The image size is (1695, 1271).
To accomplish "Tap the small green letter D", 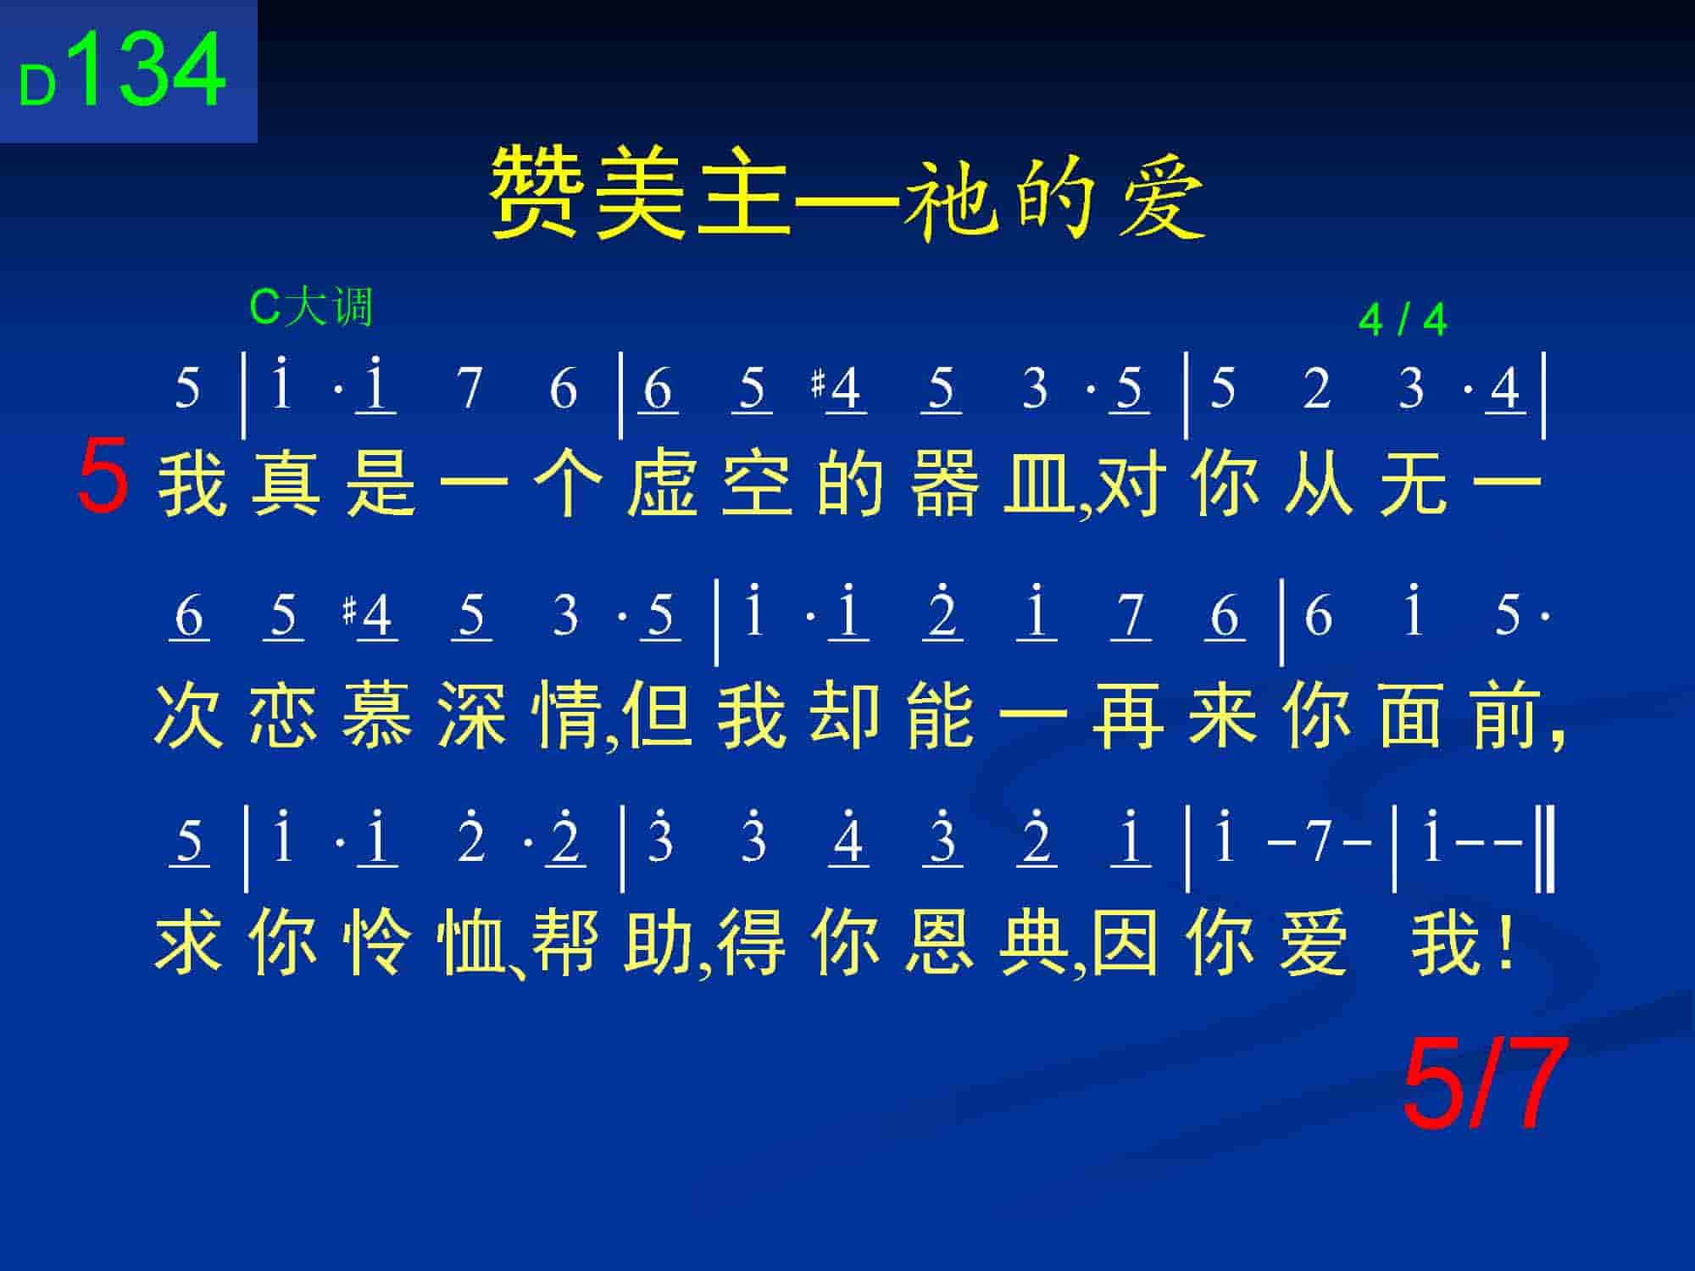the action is (38, 86).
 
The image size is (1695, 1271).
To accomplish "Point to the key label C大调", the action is (311, 307).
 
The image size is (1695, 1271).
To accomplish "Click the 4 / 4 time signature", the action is (1403, 320).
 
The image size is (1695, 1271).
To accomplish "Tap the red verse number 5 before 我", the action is (103, 476).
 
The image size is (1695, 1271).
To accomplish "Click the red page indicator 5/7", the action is (1481, 1086).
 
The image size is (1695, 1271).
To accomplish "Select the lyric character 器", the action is (946, 486).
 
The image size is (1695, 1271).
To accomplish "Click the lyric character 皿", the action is (1039, 486).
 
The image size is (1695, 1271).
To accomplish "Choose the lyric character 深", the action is (473, 717).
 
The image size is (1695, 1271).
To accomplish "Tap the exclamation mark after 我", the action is (1505, 942).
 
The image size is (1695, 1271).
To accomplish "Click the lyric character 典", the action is (1036, 942).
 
